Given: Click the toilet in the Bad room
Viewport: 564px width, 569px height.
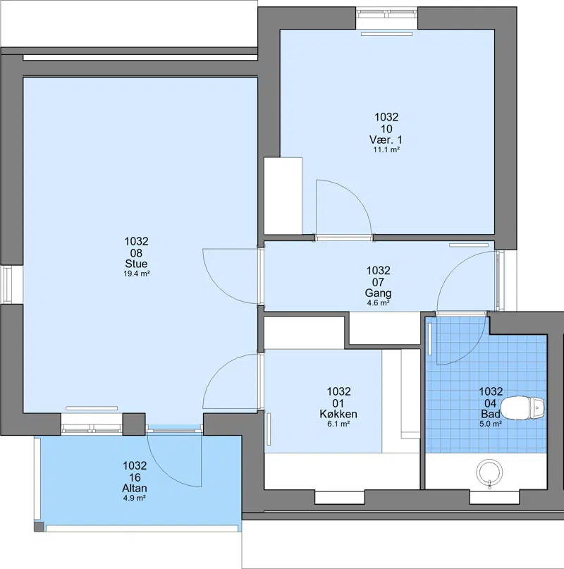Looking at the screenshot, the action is click(522, 408).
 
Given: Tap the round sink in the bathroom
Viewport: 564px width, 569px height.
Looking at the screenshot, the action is click(490, 472).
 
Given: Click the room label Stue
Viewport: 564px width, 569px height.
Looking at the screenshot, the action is click(136, 264).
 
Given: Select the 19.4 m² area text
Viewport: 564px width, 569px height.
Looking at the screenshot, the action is click(137, 274).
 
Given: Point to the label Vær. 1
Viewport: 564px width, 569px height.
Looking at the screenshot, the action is click(386, 140).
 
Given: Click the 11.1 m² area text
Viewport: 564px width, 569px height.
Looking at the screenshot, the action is click(386, 149).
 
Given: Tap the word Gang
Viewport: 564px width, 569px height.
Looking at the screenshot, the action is click(378, 293).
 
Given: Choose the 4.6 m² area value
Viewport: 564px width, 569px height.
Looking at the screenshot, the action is click(378, 303).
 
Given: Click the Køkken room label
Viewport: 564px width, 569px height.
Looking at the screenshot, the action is click(338, 414).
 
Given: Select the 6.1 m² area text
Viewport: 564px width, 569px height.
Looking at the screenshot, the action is click(338, 424).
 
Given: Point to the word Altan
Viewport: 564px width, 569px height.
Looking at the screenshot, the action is click(135, 488).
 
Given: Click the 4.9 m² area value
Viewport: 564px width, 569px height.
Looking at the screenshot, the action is click(134, 498).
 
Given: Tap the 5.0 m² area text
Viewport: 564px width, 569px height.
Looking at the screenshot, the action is click(491, 424).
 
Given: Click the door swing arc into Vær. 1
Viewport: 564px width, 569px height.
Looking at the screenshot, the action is click(356, 195).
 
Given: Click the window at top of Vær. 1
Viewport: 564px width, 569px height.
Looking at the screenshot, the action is click(386, 13).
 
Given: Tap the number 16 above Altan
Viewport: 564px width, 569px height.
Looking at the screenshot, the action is click(135, 477).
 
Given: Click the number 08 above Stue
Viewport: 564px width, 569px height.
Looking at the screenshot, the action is click(136, 253).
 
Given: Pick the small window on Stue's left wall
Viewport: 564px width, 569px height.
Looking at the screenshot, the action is click(8, 284).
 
